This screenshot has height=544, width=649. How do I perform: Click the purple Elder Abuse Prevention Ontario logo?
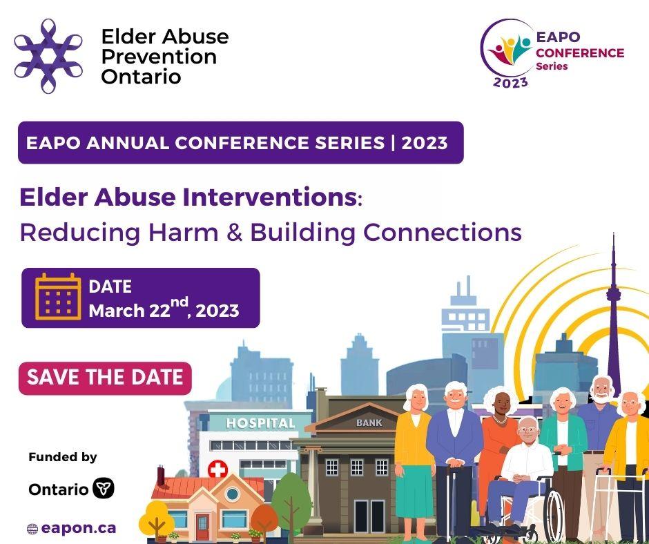(48, 56)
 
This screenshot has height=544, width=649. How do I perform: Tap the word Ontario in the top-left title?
(141, 76)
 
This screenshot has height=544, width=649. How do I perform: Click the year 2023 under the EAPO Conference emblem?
(510, 82)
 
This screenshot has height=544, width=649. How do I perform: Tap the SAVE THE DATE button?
(105, 378)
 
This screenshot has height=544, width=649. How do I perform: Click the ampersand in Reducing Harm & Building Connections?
(231, 232)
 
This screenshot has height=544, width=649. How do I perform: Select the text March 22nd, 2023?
(164, 311)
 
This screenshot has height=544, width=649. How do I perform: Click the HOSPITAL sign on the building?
(260, 422)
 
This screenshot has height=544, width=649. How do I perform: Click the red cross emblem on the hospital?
(217, 471)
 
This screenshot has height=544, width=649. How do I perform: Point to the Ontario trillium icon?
(104, 489)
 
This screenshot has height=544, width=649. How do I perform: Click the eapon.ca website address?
(78, 528)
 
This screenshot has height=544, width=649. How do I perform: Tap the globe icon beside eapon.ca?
(32, 529)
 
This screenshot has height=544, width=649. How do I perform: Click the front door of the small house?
(202, 521)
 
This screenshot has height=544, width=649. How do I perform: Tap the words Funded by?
(63, 457)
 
